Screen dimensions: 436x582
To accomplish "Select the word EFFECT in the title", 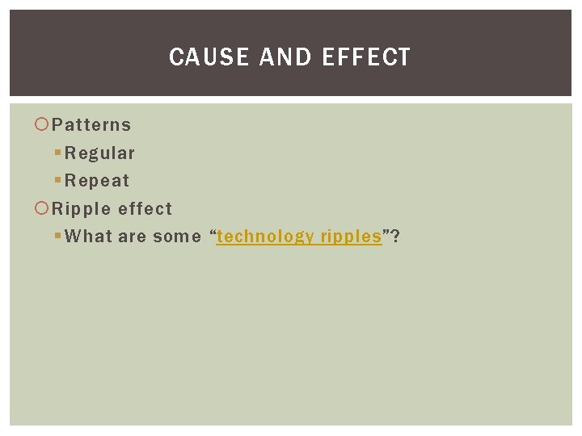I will pyautogui.click(x=366, y=57).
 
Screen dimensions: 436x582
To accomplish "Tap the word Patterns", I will pyautogui.click(x=91, y=125).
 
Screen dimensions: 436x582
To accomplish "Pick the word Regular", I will pyautogui.click(x=100, y=153).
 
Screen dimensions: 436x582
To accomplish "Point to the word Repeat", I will pyautogui.click(x=97, y=181).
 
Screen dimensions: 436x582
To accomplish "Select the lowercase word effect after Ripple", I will pyautogui.click(x=145, y=209).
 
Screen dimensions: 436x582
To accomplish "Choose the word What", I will pyautogui.click(x=89, y=237).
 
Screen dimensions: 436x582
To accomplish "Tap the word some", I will pyautogui.click(x=177, y=237).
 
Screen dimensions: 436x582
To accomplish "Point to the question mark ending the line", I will pyautogui.click(x=395, y=237).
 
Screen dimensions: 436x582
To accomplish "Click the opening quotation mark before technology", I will pyautogui.click(x=213, y=234).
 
